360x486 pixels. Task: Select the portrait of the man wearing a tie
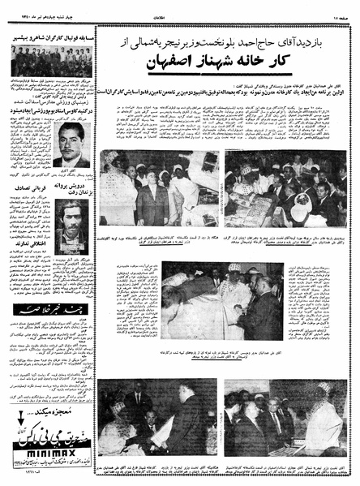[72, 144]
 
